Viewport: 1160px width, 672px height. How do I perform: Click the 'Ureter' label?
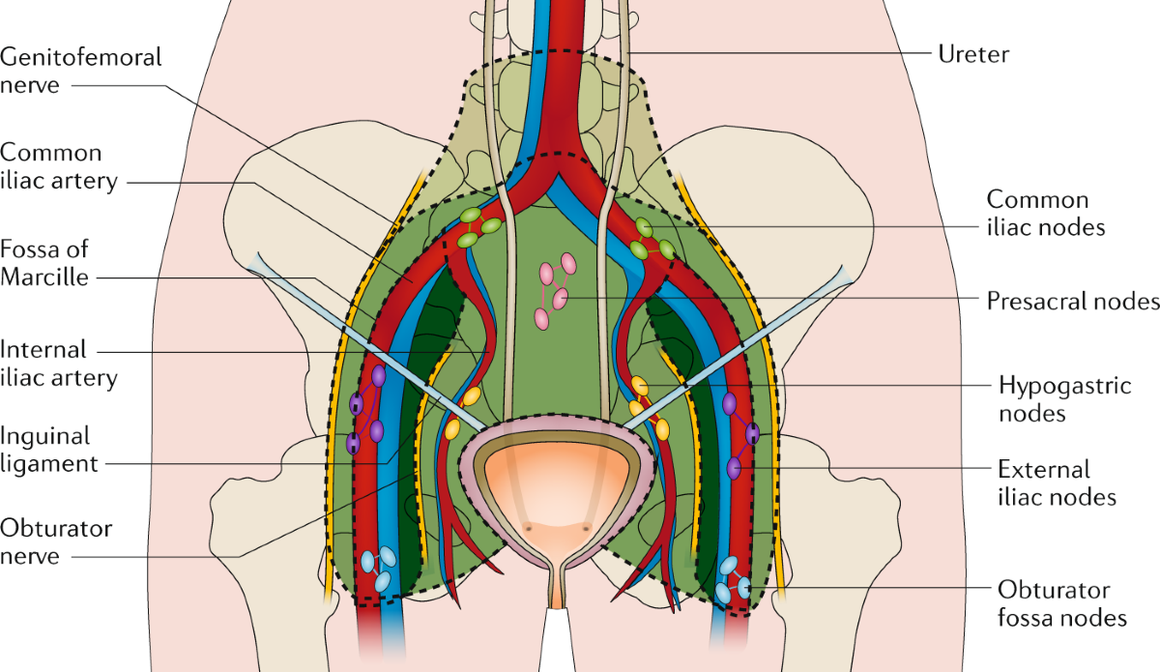point(972,53)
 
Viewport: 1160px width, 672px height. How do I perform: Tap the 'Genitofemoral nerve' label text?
point(81,71)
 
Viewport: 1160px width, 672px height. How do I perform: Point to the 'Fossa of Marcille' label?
point(46,263)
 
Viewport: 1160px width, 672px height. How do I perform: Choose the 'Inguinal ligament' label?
point(50,450)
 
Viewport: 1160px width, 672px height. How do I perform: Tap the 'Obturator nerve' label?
point(56,542)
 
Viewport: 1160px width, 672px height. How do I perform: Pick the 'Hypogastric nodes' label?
point(1064,399)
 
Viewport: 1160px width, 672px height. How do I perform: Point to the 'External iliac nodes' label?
point(1058,483)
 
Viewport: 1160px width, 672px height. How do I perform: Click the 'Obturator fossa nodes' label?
point(1062,603)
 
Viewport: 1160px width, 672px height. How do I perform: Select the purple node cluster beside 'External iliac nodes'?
point(740,435)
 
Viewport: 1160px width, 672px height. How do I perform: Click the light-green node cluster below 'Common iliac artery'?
point(477,228)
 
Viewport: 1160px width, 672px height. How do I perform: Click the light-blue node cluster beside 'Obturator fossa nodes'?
point(733,577)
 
